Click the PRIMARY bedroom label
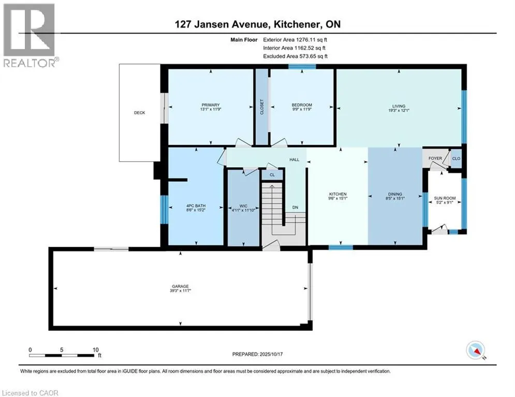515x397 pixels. pos(210,104)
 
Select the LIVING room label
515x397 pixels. pos(399,106)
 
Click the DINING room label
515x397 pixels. pos(395,194)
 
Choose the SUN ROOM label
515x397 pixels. pos(445,194)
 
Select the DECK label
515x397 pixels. pos(139,113)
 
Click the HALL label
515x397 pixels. pos(295,160)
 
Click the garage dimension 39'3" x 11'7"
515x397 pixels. pos(180,291)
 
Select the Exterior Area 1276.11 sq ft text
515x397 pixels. pos(296,39)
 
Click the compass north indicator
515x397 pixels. pos(475,350)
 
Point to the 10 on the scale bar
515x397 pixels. pos(96,349)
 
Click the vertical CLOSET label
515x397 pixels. pos(262,107)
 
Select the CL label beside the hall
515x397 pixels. pos(272,175)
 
